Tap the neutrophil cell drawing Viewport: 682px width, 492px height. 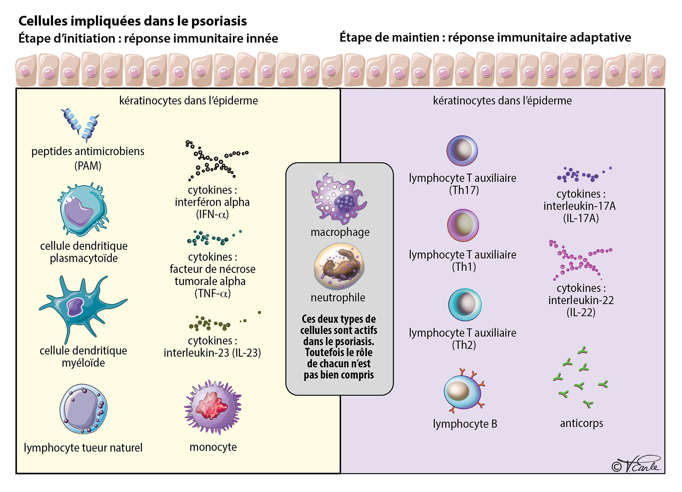pyautogui.click(x=339, y=266)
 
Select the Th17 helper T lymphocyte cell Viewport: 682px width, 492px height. pyautogui.click(x=462, y=150)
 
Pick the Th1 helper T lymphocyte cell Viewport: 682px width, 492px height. pyautogui.click(x=463, y=225)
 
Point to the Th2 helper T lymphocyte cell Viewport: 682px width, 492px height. pyautogui.click(x=465, y=304)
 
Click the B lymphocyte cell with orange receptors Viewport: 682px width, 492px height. pyautogui.click(x=463, y=392)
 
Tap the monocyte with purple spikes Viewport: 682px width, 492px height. pyautogui.click(x=213, y=407)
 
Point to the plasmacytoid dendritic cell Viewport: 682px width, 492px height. pyautogui.click(x=83, y=210)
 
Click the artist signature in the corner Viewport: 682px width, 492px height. pyautogui.click(x=637, y=465)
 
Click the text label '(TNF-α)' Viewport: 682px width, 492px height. pyautogui.click(x=212, y=294)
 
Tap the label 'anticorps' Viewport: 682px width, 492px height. pyautogui.click(x=581, y=423)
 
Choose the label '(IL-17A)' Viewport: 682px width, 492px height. pyautogui.click(x=580, y=218)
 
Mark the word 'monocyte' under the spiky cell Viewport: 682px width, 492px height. pyautogui.click(x=213, y=447)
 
